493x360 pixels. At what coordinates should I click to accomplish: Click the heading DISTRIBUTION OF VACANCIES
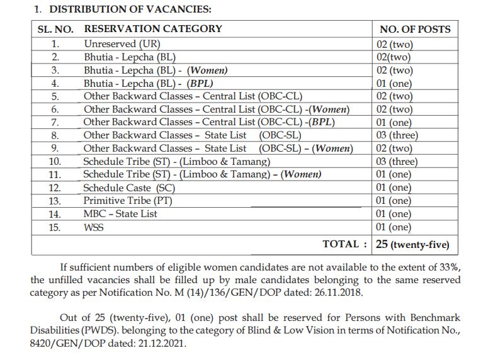tap(130, 9)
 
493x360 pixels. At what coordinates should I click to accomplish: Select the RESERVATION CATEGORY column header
tap(153, 29)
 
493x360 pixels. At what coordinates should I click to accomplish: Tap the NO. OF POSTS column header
tap(414, 29)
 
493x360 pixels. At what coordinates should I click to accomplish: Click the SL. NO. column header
tap(55, 29)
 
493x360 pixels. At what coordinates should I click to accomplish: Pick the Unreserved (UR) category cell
tap(122, 44)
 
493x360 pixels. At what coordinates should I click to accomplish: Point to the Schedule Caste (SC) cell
tap(129, 188)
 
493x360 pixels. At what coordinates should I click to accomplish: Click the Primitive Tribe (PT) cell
tap(128, 201)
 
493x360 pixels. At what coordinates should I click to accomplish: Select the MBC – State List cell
tap(120, 214)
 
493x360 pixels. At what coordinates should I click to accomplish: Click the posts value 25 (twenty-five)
tap(412, 244)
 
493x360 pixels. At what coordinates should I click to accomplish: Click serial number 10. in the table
tap(55, 162)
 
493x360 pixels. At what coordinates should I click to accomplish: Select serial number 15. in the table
tap(55, 227)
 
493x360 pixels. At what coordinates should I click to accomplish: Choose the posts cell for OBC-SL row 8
tap(397, 135)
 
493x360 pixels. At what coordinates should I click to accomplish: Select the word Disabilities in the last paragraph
tap(59, 331)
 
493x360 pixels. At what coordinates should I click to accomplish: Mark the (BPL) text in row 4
tap(201, 83)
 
